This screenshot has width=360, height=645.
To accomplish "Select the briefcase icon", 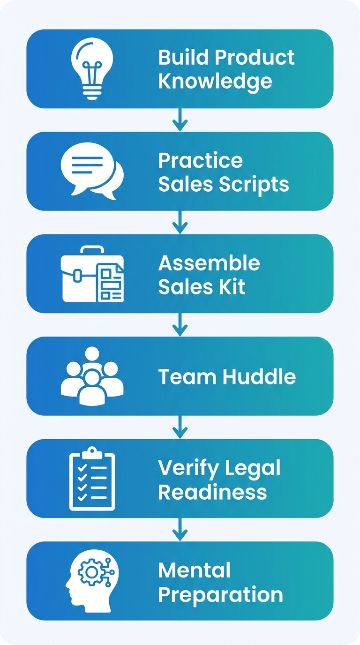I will click(92, 274).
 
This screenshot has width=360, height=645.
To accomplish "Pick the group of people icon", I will click(92, 376).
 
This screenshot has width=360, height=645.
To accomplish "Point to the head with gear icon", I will click(92, 582).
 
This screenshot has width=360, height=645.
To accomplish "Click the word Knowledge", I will click(215, 82).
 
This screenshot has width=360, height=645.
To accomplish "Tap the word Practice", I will click(201, 161).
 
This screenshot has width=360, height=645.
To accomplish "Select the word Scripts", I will click(256, 184).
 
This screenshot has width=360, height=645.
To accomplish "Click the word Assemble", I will click(209, 263).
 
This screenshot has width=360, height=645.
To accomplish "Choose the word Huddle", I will click(259, 377).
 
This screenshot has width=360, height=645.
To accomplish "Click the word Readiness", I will click(212, 492).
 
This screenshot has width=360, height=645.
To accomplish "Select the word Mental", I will click(195, 570).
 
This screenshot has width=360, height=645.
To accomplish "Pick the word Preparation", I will click(220, 594).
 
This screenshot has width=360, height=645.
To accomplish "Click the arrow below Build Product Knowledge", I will click(180, 120).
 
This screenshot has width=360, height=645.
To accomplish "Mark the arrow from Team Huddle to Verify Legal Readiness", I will click(180, 427).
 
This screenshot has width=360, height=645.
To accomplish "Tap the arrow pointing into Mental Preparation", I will click(180, 530).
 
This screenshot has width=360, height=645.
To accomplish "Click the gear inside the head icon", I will click(87, 572).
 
